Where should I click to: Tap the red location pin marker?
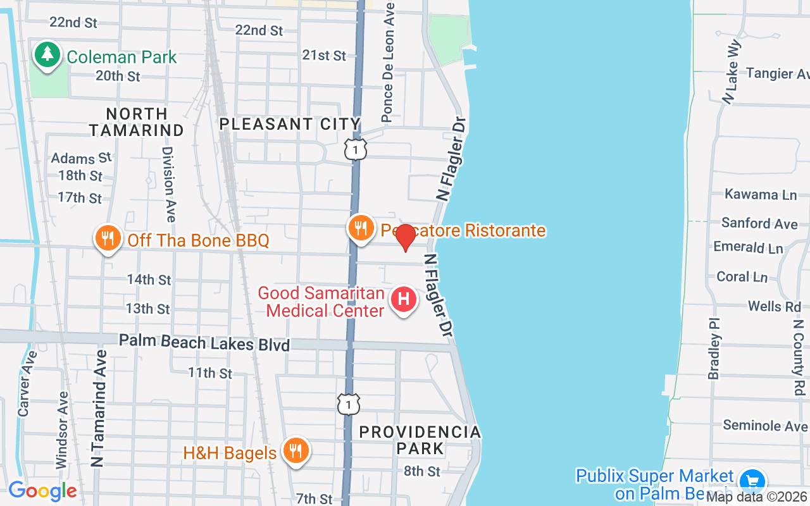click(x=405, y=238)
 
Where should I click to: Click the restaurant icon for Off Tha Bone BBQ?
click(x=108, y=238)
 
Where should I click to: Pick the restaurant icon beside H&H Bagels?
click(x=295, y=451)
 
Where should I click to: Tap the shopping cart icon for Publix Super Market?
click(x=752, y=481)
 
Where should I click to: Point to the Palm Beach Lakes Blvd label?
click(x=204, y=342)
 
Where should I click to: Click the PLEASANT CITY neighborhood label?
click(x=290, y=124)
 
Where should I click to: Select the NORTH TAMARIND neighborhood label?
click(x=136, y=122)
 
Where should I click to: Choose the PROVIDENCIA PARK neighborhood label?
click(x=420, y=440)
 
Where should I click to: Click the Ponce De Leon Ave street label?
click(x=388, y=61)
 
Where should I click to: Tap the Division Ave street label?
click(x=168, y=184)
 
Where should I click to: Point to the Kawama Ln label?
click(x=760, y=194)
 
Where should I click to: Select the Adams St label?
click(x=81, y=157)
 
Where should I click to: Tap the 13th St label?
click(x=148, y=309)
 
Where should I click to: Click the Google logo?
click(x=42, y=491)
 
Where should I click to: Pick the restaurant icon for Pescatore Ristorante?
click(x=361, y=228)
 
